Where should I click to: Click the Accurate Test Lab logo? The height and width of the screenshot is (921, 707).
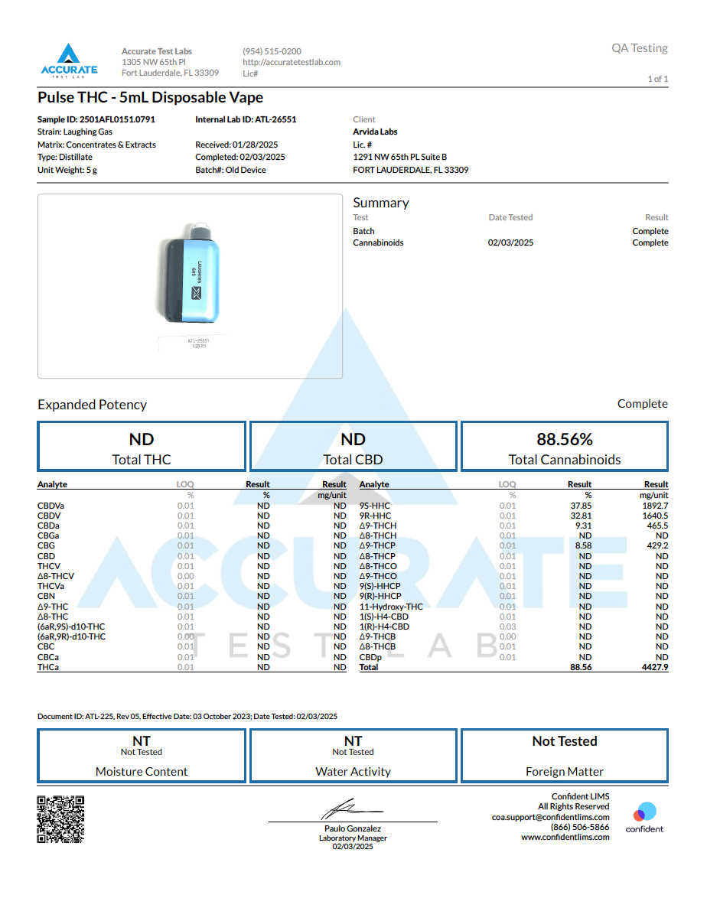click(69, 60)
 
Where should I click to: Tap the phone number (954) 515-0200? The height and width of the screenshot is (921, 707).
click(272, 51)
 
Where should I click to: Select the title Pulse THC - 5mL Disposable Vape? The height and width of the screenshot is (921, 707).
click(150, 97)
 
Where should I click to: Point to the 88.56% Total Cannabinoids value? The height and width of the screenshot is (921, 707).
click(565, 439)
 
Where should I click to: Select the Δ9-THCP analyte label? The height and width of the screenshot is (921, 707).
click(377, 546)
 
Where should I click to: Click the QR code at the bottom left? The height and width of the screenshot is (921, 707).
click(60, 819)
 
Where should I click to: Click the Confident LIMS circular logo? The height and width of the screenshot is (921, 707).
click(645, 812)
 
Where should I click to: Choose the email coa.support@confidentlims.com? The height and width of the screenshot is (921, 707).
click(550, 817)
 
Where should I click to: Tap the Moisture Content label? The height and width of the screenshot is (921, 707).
click(142, 772)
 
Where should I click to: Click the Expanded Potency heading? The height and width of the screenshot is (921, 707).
click(92, 405)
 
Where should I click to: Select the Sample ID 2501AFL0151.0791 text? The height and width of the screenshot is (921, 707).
click(96, 119)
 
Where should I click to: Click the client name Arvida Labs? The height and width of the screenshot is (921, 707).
click(375, 132)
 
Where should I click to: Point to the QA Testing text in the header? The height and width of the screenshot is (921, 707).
click(639, 48)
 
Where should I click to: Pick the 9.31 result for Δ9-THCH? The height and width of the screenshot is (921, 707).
click(583, 526)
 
